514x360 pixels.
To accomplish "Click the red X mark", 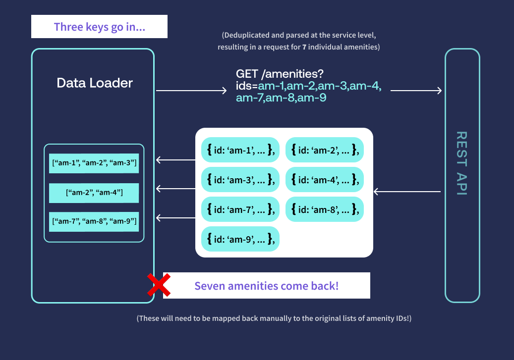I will tap(159, 285).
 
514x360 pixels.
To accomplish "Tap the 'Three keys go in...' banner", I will tap(99, 27).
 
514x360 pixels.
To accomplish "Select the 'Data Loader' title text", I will tap(95, 83).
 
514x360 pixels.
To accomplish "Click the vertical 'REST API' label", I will tap(461, 163).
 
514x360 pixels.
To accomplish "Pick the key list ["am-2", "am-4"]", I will tap(94, 192).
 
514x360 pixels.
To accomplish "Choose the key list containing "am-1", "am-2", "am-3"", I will tap(94, 163).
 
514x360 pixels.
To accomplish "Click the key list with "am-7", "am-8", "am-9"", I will tap(94, 221).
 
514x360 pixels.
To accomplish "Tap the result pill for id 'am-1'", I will tap(240, 150).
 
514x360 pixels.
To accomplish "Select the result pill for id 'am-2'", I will tap(325, 150).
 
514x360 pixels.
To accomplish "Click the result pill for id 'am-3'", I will tap(240, 179).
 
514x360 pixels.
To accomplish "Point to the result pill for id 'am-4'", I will tap(325, 179).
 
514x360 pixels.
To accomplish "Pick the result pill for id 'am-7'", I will tap(240, 209).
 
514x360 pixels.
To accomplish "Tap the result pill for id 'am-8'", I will tap(325, 209).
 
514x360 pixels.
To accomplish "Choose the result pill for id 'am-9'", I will tap(240, 239).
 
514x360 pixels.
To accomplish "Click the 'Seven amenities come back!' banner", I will tap(266, 286).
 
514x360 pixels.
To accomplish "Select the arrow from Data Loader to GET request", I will tap(191, 91).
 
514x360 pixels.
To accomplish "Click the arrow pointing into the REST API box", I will tap(415, 90).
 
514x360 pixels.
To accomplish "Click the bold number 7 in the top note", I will tap(304, 48).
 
